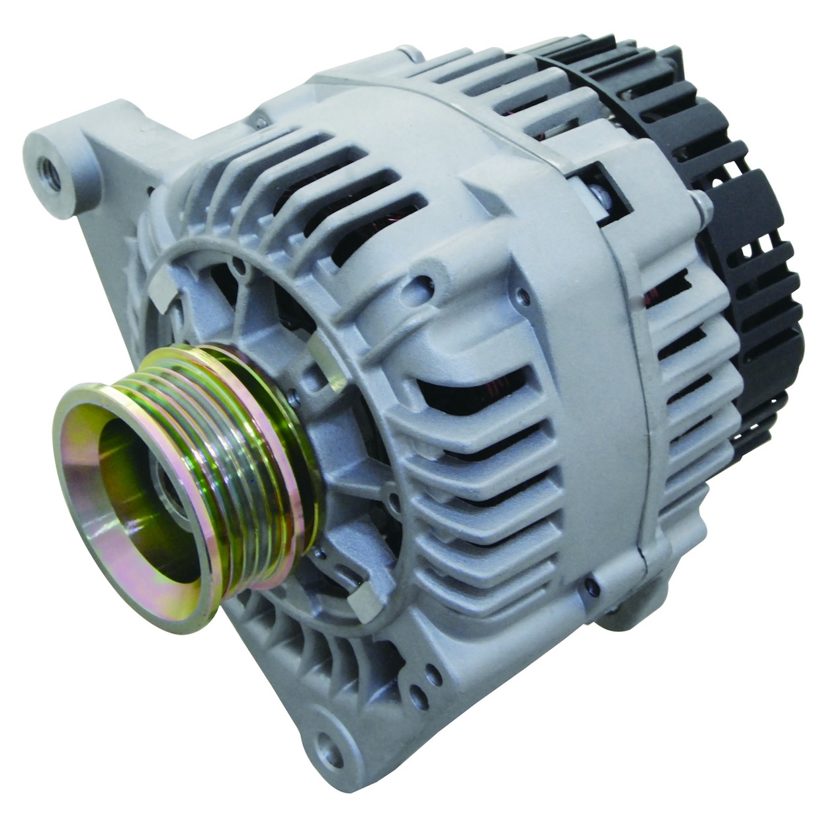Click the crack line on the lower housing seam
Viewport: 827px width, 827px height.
click(642, 549)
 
